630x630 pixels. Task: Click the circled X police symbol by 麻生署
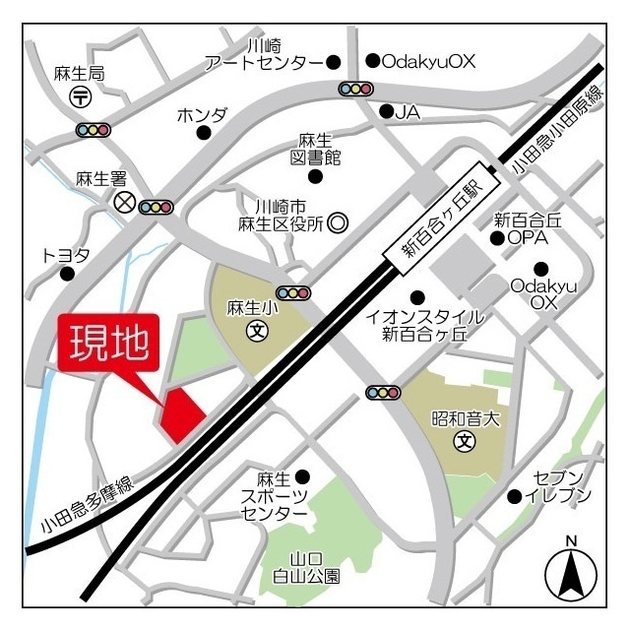click(x=124, y=203)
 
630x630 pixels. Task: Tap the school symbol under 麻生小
click(x=257, y=330)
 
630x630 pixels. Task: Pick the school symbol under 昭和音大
click(x=463, y=442)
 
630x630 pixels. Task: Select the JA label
click(x=408, y=112)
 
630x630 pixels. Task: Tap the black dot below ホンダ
click(x=203, y=133)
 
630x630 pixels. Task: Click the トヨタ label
click(x=66, y=255)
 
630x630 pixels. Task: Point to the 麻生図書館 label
click(x=315, y=150)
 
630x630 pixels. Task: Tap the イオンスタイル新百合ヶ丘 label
click(x=424, y=325)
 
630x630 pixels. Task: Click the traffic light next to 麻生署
click(x=157, y=207)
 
